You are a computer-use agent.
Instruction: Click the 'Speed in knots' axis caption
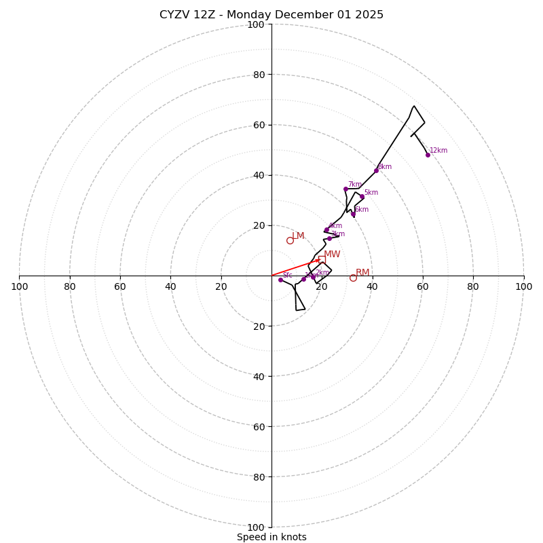click(x=271, y=537)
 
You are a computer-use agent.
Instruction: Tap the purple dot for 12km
click(x=428, y=155)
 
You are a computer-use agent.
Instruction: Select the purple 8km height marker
click(x=376, y=170)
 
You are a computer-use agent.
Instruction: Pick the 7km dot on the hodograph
click(x=345, y=189)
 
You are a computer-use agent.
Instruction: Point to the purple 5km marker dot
click(x=362, y=197)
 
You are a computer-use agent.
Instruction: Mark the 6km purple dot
click(x=353, y=214)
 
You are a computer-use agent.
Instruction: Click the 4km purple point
click(x=326, y=229)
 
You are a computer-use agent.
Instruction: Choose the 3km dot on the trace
click(x=329, y=238)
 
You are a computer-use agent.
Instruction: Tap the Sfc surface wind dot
click(x=280, y=280)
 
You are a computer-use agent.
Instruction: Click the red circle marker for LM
click(x=290, y=240)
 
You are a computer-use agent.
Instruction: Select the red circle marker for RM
click(x=353, y=278)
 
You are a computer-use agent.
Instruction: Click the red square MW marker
click(x=321, y=259)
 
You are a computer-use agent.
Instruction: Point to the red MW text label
click(x=332, y=255)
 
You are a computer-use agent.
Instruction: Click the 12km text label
click(x=438, y=151)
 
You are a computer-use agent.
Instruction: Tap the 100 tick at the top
click(x=256, y=24)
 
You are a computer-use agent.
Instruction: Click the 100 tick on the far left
click(x=19, y=286)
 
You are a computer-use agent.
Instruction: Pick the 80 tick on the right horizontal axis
click(x=473, y=286)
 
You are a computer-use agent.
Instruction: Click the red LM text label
click(x=298, y=236)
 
